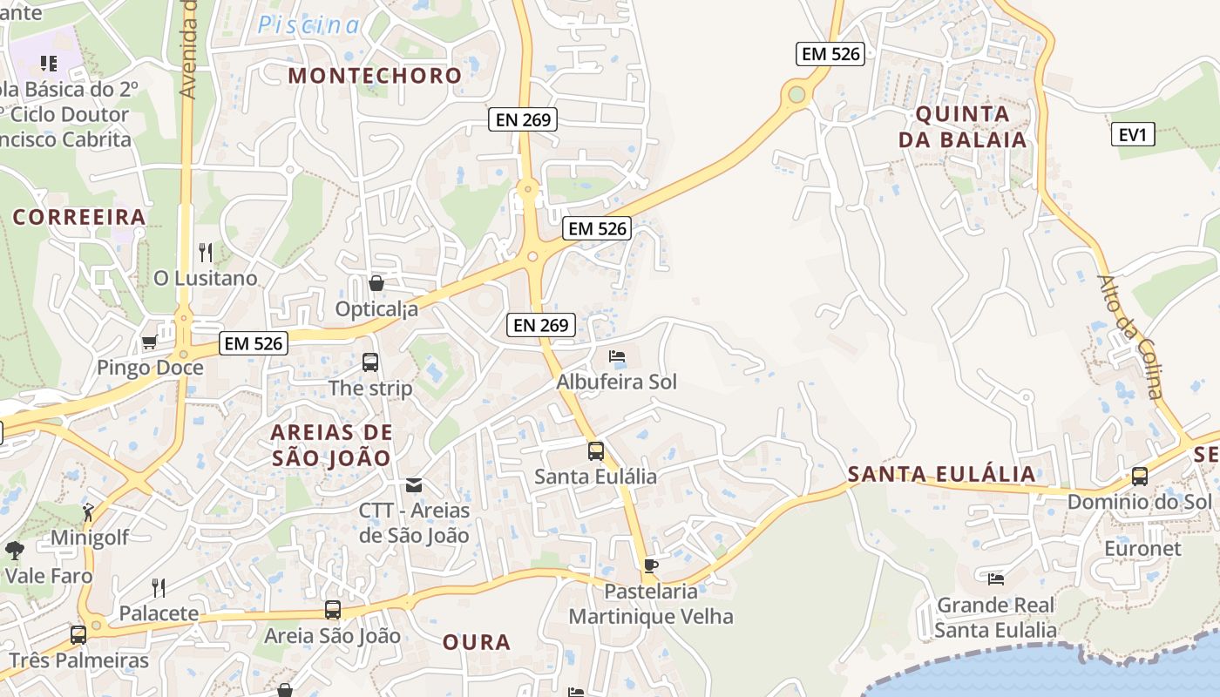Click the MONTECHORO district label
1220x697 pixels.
point(375,76)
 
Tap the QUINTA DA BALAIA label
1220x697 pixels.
point(962,126)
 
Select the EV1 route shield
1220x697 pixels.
point(1133,134)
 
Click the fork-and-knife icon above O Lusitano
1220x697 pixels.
point(206,253)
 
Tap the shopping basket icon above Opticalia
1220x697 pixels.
point(376,283)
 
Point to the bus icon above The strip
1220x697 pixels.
point(370,362)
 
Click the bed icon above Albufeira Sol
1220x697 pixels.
point(617,356)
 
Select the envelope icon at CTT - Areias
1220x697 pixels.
point(414,484)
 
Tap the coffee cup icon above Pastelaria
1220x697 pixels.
point(650,565)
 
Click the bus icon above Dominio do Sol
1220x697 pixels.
point(1139,477)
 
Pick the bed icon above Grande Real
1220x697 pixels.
point(996,579)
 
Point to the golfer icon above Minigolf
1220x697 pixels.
point(88,511)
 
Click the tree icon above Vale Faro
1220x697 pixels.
point(15,550)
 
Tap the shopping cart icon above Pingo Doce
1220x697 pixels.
point(149,342)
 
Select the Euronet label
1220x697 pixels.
point(1142,549)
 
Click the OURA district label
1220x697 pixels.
point(477,643)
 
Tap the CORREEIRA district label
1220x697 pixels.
point(78,217)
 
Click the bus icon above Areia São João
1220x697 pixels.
point(333,610)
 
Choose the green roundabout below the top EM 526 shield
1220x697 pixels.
point(796,94)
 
